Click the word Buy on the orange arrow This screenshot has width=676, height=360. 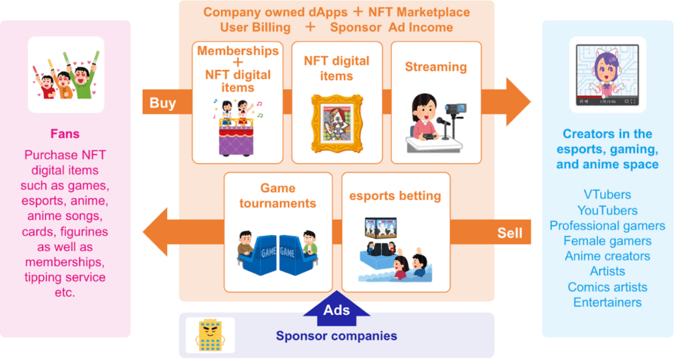pyautogui.click(x=162, y=102)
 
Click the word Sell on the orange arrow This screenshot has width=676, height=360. pyautogui.click(x=510, y=233)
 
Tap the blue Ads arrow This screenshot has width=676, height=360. pyautogui.click(x=337, y=308)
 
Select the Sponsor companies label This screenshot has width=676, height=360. pyautogui.click(x=337, y=336)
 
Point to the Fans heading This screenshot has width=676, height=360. pyautogui.click(x=65, y=134)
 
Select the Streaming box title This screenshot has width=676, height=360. pyautogui.click(x=436, y=67)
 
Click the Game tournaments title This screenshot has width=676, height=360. pyautogui.click(x=278, y=196)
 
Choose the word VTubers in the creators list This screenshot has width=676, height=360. pyautogui.click(x=607, y=195)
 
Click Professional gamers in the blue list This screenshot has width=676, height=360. pyautogui.click(x=607, y=226)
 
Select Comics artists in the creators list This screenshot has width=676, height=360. pyautogui.click(x=607, y=287)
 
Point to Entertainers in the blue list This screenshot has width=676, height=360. pyautogui.click(x=607, y=303)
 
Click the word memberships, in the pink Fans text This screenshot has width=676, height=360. pyautogui.click(x=65, y=262)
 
